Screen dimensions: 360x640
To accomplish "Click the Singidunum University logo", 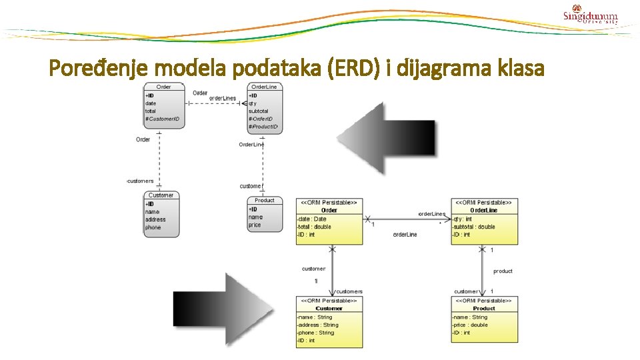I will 590,15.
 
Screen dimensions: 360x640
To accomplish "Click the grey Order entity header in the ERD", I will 163,87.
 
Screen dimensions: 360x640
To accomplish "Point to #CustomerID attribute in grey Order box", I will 163,119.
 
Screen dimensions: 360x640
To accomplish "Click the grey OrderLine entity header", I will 264,87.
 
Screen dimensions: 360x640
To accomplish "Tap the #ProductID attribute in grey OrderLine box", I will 263,127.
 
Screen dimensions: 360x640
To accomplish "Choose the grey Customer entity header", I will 161,195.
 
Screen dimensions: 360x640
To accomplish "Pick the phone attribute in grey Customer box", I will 153,227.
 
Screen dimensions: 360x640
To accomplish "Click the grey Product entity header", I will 264,200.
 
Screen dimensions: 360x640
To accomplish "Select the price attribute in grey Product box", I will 255,225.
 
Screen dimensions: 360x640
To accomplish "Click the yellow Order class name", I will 329,210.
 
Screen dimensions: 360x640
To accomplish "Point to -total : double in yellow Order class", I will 315,227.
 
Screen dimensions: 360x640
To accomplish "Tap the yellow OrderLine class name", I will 484,210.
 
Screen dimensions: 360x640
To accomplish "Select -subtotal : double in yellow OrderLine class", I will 473,227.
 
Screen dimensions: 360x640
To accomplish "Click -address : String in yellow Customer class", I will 318,325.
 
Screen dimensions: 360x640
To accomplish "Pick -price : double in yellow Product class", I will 471,325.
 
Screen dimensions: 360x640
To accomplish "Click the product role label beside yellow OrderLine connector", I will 503,271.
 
